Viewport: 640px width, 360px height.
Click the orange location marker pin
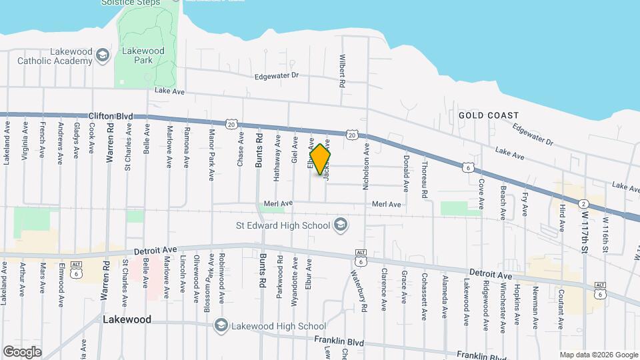click(321, 160)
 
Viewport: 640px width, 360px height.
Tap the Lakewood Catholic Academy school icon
click(102, 55)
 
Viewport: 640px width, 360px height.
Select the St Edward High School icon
click(341, 224)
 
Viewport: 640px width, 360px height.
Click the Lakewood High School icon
click(220, 325)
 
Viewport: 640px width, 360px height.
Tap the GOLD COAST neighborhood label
click(484, 115)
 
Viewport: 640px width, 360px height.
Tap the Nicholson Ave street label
click(366, 169)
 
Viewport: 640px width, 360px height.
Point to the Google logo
click(23, 351)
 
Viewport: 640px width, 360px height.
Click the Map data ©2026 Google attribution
click(598, 355)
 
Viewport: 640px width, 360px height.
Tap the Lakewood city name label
click(127, 319)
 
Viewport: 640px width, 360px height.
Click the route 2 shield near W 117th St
click(583, 204)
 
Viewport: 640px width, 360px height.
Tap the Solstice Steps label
click(130, 3)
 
